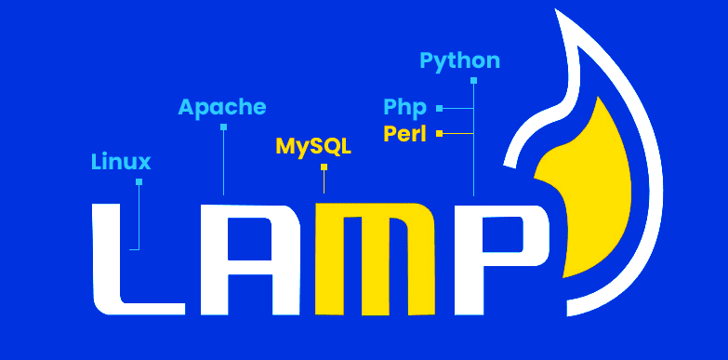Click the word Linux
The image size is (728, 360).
coord(121,162)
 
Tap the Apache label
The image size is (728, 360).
coord(222,107)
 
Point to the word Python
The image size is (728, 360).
coord(459,61)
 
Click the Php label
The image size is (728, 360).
coord(404,107)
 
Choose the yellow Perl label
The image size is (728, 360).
coord(404,134)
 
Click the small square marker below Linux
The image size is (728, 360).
coord(139,181)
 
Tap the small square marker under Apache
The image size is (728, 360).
coord(223,127)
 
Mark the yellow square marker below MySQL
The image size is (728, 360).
coord(324,167)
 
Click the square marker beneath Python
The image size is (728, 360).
coord(473,81)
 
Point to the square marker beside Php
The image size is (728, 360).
coord(439,108)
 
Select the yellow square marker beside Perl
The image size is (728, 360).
coord(439,134)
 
